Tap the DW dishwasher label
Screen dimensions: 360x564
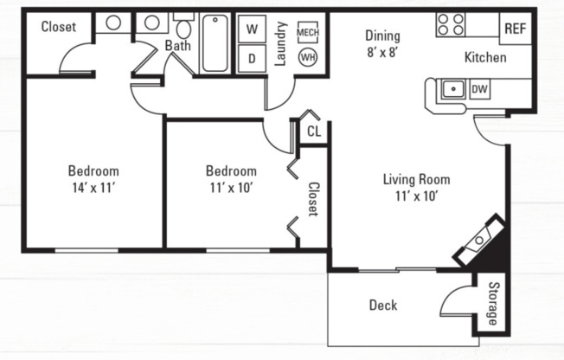[x=479, y=88]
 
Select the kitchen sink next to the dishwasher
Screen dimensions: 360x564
[x=451, y=88]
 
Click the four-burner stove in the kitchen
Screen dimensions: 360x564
[x=450, y=24]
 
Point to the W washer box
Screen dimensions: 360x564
[x=252, y=29]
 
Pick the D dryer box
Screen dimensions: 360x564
[x=252, y=58]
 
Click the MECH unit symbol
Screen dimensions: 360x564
[x=308, y=32]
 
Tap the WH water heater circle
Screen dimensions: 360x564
[x=308, y=58]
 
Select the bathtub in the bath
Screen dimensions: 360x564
[x=215, y=43]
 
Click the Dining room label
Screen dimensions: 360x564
[x=381, y=35]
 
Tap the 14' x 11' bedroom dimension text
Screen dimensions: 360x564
[x=93, y=186]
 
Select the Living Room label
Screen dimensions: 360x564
[x=416, y=180]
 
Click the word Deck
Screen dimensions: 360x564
[x=382, y=305]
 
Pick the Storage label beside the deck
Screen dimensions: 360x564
[x=493, y=305]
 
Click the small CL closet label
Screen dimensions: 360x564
[x=313, y=132]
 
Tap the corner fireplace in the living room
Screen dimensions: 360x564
[x=479, y=242]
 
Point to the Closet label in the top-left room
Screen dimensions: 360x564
[x=58, y=26]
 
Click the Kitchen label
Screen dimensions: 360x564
[x=485, y=58]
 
